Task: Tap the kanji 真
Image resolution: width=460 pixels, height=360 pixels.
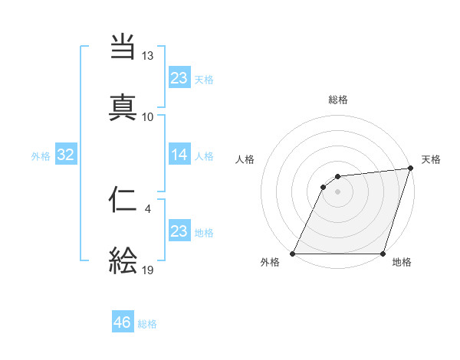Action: pyautogui.click(x=123, y=106)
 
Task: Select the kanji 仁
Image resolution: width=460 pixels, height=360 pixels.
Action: pyautogui.click(x=123, y=201)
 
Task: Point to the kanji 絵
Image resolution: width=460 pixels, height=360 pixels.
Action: pyautogui.click(x=123, y=260)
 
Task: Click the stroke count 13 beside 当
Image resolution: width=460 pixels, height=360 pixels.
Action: pyautogui.click(x=148, y=57)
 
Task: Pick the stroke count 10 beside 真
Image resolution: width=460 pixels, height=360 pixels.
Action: pyautogui.click(x=148, y=116)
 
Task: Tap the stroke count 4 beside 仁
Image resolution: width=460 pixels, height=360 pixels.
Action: pyautogui.click(x=147, y=206)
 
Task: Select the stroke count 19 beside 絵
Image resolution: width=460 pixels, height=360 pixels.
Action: pyautogui.click(x=148, y=270)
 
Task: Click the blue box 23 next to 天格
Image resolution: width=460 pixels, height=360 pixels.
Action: pyautogui.click(x=179, y=77)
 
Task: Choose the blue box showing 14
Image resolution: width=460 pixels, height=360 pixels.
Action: pyautogui.click(x=179, y=155)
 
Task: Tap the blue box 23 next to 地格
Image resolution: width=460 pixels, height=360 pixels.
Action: pyautogui.click(x=179, y=231)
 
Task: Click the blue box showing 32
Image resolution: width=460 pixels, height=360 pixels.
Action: pyautogui.click(x=66, y=155)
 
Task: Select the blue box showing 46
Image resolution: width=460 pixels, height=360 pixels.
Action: pyautogui.click(x=123, y=322)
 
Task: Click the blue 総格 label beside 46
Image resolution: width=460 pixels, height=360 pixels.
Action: pyautogui.click(x=147, y=324)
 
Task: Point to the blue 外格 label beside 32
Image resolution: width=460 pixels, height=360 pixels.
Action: pyautogui.click(x=41, y=156)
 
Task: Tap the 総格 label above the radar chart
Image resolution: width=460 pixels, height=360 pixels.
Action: pyautogui.click(x=338, y=100)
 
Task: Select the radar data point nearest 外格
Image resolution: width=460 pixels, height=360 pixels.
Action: pyautogui.click(x=293, y=254)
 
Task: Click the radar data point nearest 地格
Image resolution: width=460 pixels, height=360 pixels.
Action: pyautogui.click(x=383, y=254)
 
